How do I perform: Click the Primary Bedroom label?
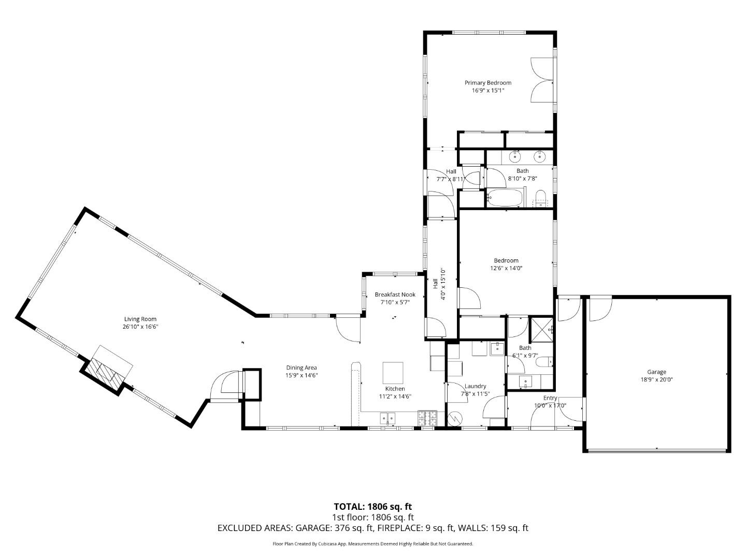(x=487, y=83)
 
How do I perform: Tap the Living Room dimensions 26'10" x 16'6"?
(x=140, y=327)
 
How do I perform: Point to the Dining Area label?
(x=301, y=368)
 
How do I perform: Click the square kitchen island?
(x=393, y=372)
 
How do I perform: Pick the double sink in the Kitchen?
(x=387, y=418)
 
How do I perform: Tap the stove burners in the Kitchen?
(x=427, y=417)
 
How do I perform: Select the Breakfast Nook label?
(x=395, y=295)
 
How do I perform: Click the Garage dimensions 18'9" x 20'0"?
(x=656, y=379)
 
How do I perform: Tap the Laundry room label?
(x=475, y=386)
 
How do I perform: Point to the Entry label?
(x=550, y=398)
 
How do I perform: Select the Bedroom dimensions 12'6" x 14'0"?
(x=506, y=268)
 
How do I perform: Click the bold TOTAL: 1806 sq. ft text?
(x=372, y=506)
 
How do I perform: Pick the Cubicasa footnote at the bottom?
(x=372, y=544)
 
